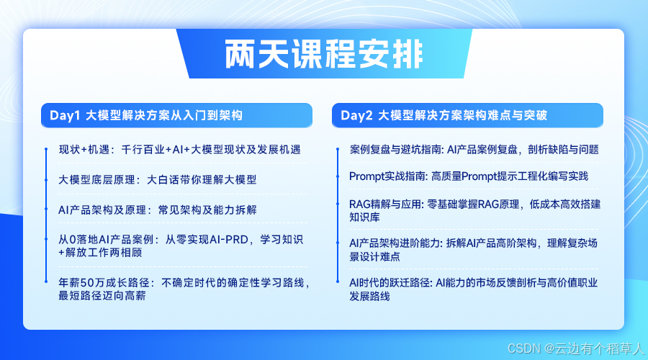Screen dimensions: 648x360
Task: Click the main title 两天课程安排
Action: [324, 54]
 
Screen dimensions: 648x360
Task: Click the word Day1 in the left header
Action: [65, 115]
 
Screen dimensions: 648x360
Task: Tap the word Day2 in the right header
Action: [356, 115]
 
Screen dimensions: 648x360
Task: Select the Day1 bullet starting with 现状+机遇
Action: [180, 150]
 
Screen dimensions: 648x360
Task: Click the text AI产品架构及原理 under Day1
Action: [102, 210]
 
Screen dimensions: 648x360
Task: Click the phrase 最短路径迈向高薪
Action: [102, 296]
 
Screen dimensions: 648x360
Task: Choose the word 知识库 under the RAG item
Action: [364, 217]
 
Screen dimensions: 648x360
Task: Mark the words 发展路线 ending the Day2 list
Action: [369, 297]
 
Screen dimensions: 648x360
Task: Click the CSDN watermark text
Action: [576, 349]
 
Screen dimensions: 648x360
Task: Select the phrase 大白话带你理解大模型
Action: [202, 180]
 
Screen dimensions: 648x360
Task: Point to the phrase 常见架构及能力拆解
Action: [207, 210]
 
